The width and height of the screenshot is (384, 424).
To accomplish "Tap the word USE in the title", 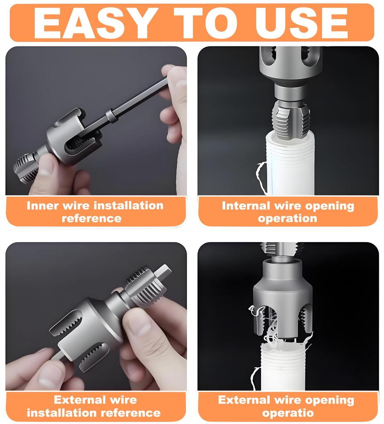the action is [301, 23].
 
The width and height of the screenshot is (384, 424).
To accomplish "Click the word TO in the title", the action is [206, 23].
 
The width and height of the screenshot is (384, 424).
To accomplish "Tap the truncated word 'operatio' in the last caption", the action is [288, 413].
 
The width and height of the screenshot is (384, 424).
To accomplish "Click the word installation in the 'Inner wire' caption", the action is [130, 206].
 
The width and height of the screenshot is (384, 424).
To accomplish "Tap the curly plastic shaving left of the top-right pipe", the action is [261, 177].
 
